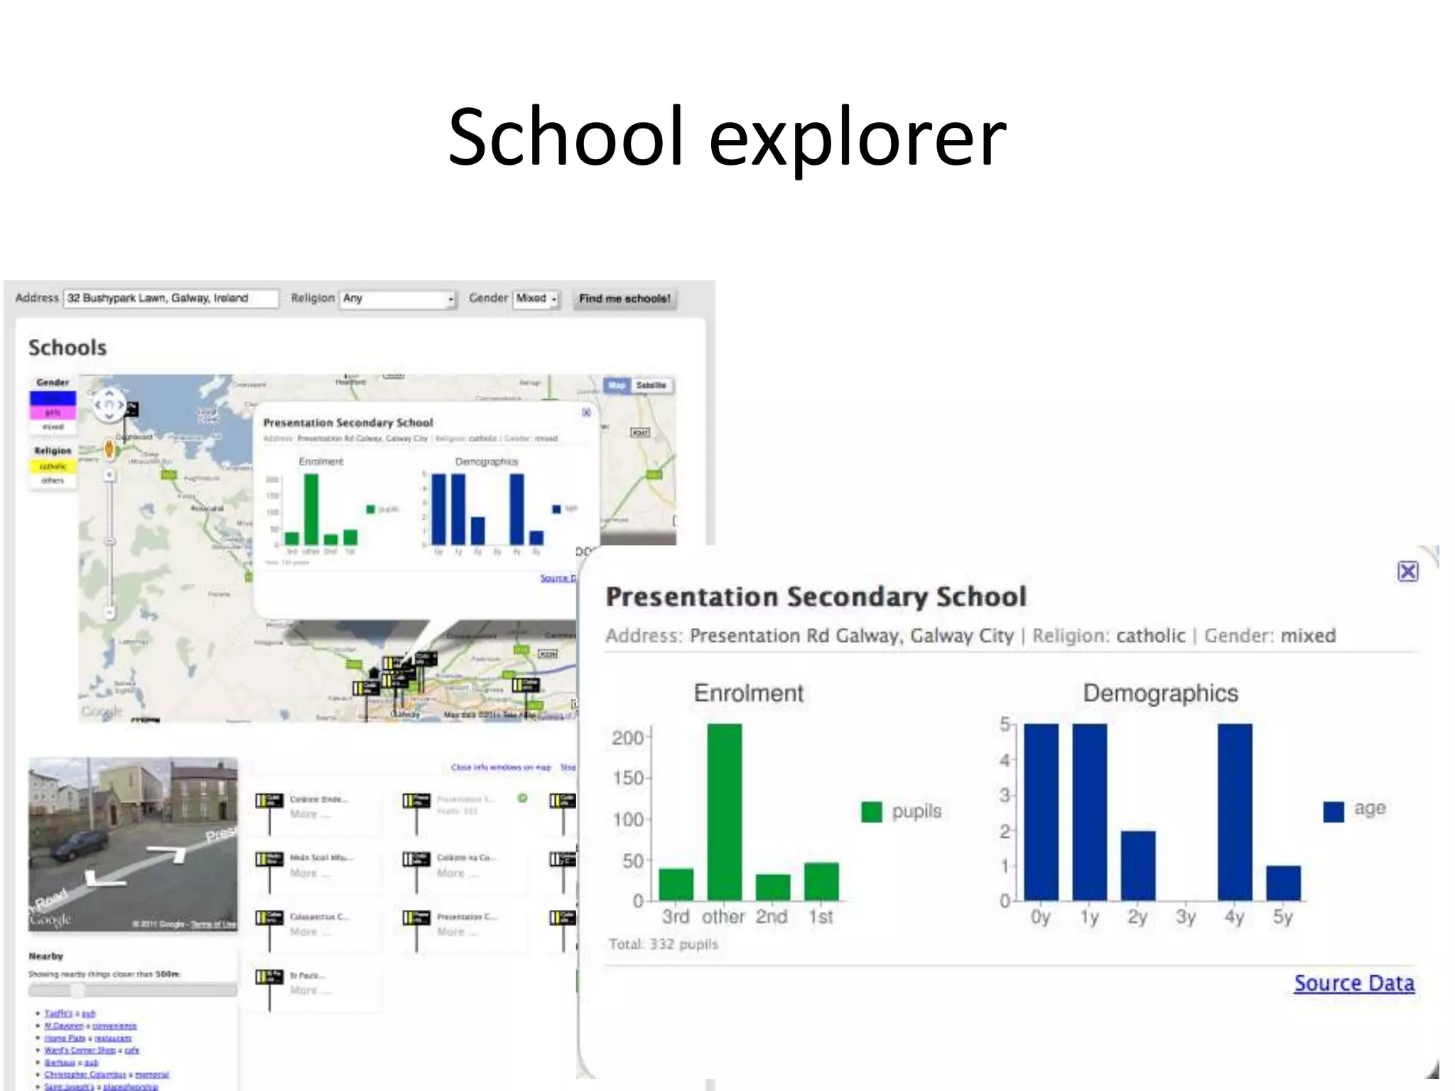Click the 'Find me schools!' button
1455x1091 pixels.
(624, 299)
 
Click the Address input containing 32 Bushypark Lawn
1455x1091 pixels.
(171, 298)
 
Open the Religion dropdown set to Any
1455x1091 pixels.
(397, 299)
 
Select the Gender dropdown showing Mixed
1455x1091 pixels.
(536, 299)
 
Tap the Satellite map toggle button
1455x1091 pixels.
(651, 386)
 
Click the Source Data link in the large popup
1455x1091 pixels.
(1353, 983)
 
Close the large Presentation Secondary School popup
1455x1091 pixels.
(1407, 572)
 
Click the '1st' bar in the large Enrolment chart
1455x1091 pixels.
(821, 881)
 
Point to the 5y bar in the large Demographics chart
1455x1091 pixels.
(1283, 883)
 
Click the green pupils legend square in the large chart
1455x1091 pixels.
(871, 812)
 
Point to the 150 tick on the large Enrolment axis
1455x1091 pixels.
(628, 778)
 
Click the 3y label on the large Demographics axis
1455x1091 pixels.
(1186, 917)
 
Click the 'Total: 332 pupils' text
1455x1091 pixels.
(664, 944)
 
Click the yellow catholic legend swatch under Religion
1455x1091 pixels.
(53, 467)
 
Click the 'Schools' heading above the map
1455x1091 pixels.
(67, 347)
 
